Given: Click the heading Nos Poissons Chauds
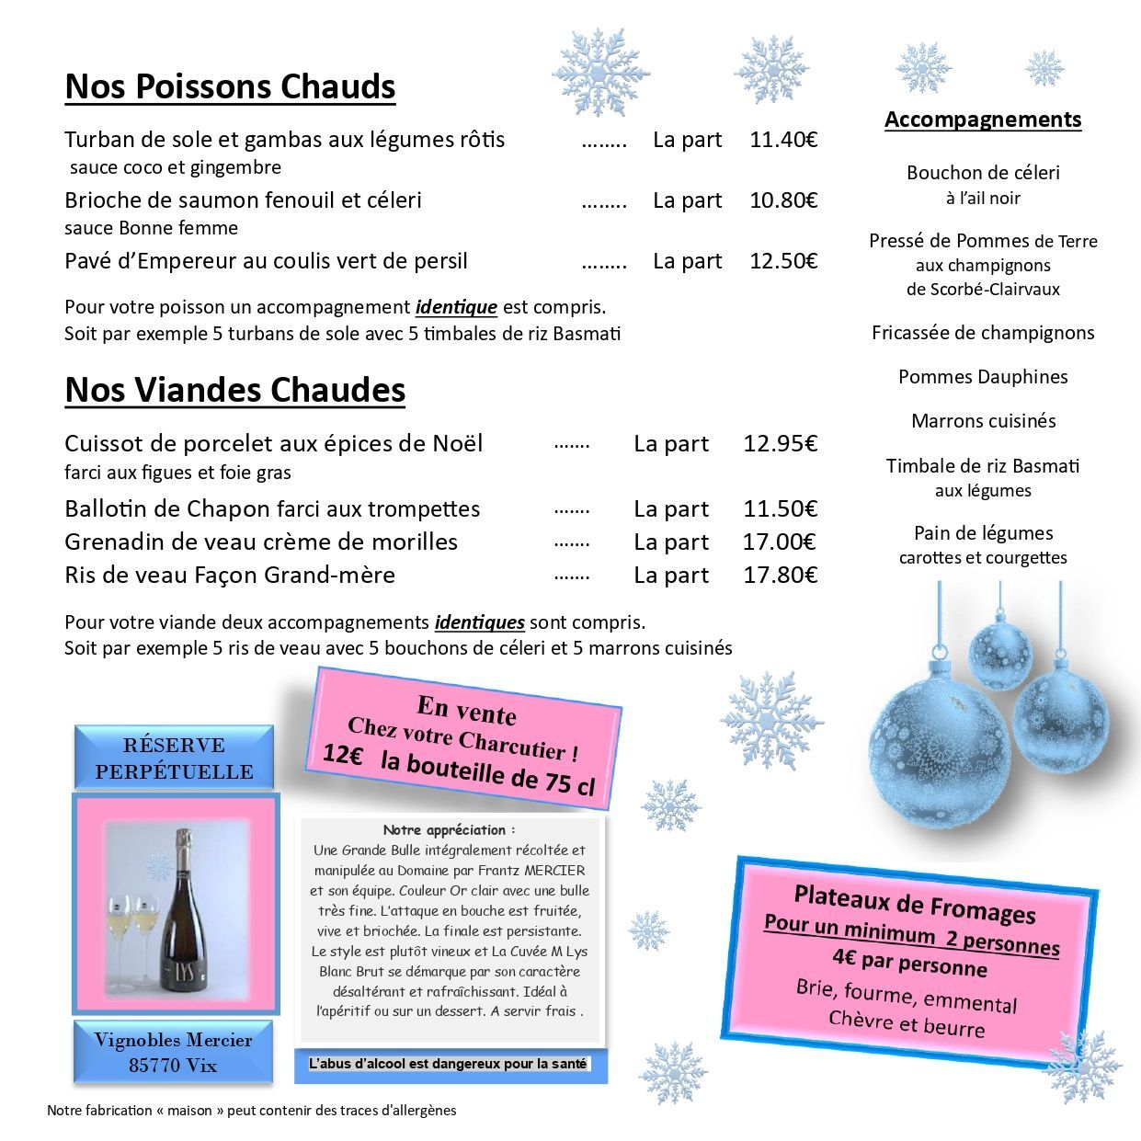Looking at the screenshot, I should tap(230, 86).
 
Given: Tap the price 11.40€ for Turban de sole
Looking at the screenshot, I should tap(783, 140).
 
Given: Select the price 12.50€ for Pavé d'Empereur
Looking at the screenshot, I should tap(783, 261).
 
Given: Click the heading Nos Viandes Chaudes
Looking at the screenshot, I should tap(235, 390).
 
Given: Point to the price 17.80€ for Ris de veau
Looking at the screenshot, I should tap(780, 576).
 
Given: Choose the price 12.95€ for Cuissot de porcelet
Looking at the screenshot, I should tap(780, 444).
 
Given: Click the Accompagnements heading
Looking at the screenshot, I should tap(983, 120).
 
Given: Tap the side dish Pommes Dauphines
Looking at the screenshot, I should tap(983, 377).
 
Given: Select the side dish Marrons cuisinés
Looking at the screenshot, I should tap(983, 421).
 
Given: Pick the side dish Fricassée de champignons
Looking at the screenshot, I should tap(983, 333).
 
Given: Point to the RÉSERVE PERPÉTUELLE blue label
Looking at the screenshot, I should tap(174, 759).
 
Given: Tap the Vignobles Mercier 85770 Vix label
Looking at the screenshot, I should tap(174, 1053).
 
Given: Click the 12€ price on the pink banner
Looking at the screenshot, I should tap(343, 755).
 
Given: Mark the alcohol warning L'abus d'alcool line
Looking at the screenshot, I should tap(448, 1064).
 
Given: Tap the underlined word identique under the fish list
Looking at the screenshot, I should tap(456, 307).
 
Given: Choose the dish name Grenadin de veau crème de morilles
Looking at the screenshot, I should tap(261, 542).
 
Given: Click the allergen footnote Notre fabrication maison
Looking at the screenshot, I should tap(251, 1111).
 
